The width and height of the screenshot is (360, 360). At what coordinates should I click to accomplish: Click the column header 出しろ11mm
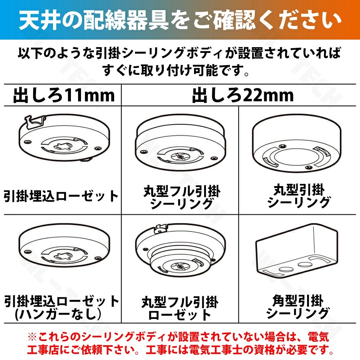point(64,95)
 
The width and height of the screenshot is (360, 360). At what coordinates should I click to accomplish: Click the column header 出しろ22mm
point(243,95)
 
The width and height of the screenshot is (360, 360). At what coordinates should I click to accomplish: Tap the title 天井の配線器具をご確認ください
point(180,20)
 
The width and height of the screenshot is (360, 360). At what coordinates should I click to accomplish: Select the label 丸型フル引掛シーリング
point(182,197)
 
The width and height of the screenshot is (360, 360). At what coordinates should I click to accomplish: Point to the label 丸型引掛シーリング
point(299,196)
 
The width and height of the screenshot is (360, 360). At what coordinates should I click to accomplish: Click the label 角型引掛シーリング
point(298,307)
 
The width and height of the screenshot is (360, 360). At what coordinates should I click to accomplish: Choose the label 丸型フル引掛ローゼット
point(180,308)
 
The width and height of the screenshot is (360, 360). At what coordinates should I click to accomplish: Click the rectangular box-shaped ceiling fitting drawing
point(297,252)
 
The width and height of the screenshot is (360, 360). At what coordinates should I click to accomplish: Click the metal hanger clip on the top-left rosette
point(35,122)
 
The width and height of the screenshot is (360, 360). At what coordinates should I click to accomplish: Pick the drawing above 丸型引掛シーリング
point(297,143)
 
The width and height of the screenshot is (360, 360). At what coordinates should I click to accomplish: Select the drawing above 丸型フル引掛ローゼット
point(180,250)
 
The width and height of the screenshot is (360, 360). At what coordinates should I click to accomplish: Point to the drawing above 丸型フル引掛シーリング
point(180,142)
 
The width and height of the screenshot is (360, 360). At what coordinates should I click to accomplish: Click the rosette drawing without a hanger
point(64,249)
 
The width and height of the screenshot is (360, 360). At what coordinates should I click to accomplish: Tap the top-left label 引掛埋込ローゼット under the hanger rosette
point(61,196)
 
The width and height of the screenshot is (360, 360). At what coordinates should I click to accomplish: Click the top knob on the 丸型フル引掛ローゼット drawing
point(161,228)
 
